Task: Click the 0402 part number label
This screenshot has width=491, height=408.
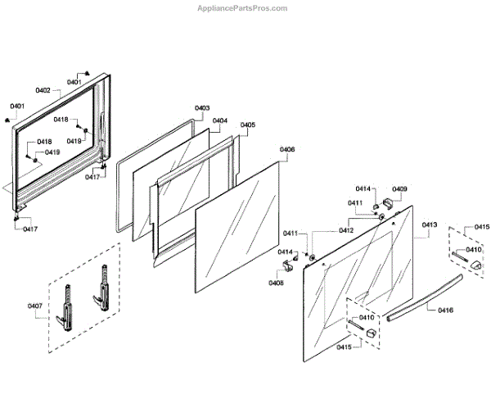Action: [43, 90]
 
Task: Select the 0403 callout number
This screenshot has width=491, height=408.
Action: [202, 108]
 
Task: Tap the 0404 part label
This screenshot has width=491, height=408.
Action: [220, 120]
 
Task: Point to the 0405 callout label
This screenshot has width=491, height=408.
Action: [247, 125]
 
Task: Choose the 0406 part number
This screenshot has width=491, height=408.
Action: [287, 149]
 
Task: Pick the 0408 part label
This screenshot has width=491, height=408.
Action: [276, 283]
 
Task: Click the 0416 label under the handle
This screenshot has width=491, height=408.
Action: [445, 311]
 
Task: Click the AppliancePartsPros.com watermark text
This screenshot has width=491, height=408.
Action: [244, 8]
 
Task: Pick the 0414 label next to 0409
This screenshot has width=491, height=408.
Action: [363, 189]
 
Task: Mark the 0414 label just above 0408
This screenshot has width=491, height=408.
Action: [286, 252]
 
